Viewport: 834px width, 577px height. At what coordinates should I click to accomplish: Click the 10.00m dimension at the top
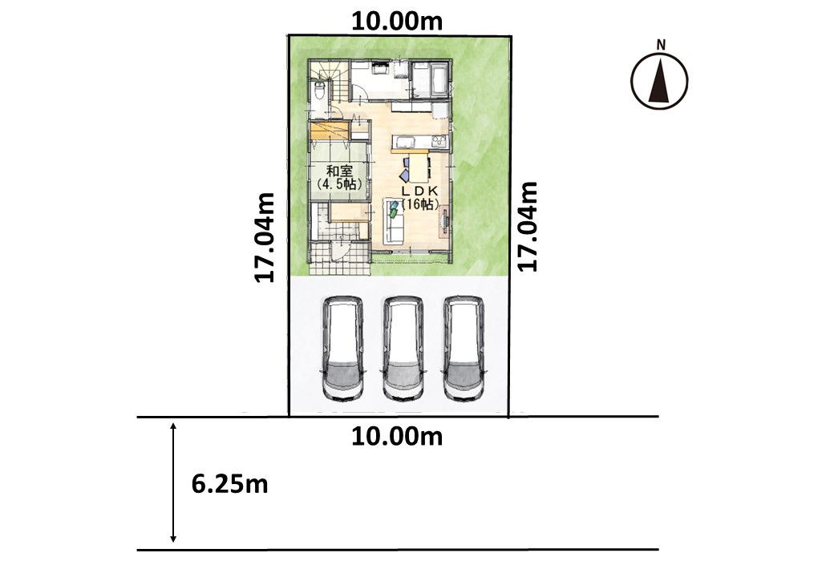point(397,22)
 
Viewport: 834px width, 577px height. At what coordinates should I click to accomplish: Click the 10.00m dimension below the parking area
point(397,437)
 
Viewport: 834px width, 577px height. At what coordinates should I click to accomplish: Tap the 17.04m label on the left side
point(265,237)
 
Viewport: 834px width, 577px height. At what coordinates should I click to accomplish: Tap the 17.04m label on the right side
point(528,226)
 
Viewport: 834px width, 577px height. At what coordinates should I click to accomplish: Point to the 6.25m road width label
point(230,484)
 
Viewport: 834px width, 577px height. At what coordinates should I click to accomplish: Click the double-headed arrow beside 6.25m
point(173,482)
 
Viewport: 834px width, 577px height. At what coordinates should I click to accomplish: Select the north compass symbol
point(659,80)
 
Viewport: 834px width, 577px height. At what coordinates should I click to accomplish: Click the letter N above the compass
point(661,45)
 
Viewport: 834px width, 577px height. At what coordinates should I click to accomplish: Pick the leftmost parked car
point(343,349)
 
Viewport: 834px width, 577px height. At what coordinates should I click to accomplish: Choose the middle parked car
point(403,349)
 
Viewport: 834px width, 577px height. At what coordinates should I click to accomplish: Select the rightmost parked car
point(464,349)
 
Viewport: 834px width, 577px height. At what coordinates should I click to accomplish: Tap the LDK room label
point(419,190)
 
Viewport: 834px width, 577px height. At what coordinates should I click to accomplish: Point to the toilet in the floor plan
point(319,91)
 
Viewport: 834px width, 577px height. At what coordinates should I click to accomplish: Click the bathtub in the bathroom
point(439,79)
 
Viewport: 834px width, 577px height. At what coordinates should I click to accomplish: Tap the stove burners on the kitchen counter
point(440,141)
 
